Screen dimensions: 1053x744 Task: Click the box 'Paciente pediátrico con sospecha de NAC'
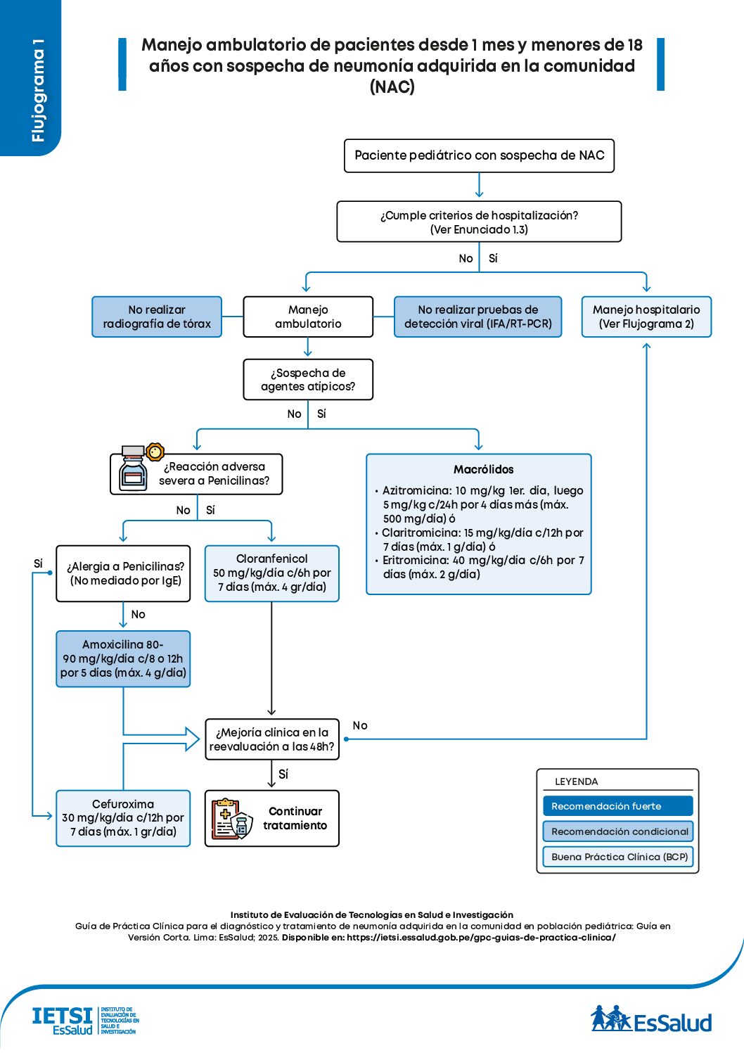[x=479, y=155]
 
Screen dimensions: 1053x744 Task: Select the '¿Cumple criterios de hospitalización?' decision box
[x=479, y=222]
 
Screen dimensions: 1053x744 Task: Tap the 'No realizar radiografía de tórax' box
[x=157, y=317]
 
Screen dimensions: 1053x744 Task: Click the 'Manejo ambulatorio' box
[x=308, y=317]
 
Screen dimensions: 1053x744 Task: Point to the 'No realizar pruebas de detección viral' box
[x=477, y=317]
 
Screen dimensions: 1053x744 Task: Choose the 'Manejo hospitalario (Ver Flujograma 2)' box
[x=646, y=317]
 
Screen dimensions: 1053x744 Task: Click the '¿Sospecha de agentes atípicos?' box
[x=308, y=380]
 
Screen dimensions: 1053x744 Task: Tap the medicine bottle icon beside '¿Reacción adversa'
[x=134, y=469]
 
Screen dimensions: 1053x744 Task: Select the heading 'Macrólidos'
[x=483, y=469]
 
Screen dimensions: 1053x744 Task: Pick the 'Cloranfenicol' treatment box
[x=271, y=573]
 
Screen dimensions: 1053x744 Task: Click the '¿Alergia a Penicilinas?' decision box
[x=123, y=573]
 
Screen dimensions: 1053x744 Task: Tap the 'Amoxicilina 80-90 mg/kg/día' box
[x=123, y=658]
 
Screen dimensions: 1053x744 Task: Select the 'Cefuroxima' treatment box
[x=123, y=818]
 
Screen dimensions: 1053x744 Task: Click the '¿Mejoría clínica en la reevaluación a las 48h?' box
[x=271, y=739]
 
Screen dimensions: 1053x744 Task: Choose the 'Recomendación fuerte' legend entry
[x=617, y=806]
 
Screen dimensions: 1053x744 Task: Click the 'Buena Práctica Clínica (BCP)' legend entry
[x=617, y=857]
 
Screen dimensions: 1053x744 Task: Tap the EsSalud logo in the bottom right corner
[x=651, y=1020]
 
